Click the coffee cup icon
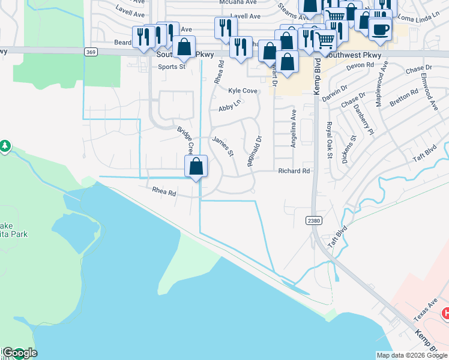coord(380,29)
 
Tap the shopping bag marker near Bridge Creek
coord(196,166)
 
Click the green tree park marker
coord(5,146)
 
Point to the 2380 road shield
coord(313,221)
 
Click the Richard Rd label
coord(294,171)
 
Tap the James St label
coord(223,147)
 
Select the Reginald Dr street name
coord(254,151)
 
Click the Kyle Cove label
coord(243,91)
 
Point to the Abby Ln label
coord(229,106)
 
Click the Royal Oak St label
coord(329,140)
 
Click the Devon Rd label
coord(361,65)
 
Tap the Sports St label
coord(172,67)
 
